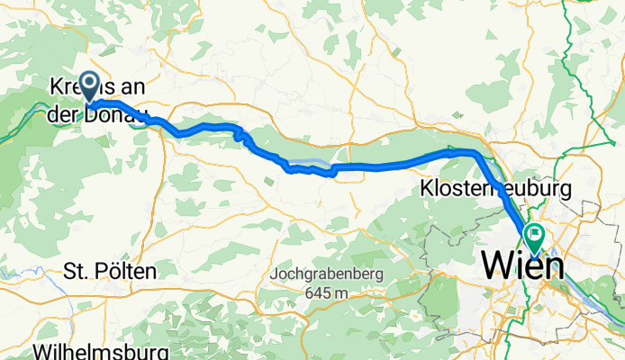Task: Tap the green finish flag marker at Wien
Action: [x=534, y=236]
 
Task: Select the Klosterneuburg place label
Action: [x=495, y=190]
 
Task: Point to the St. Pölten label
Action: [x=110, y=271]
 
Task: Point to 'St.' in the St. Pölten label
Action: [x=73, y=271]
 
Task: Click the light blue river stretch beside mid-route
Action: [x=306, y=162]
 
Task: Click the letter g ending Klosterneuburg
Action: [x=566, y=193]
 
